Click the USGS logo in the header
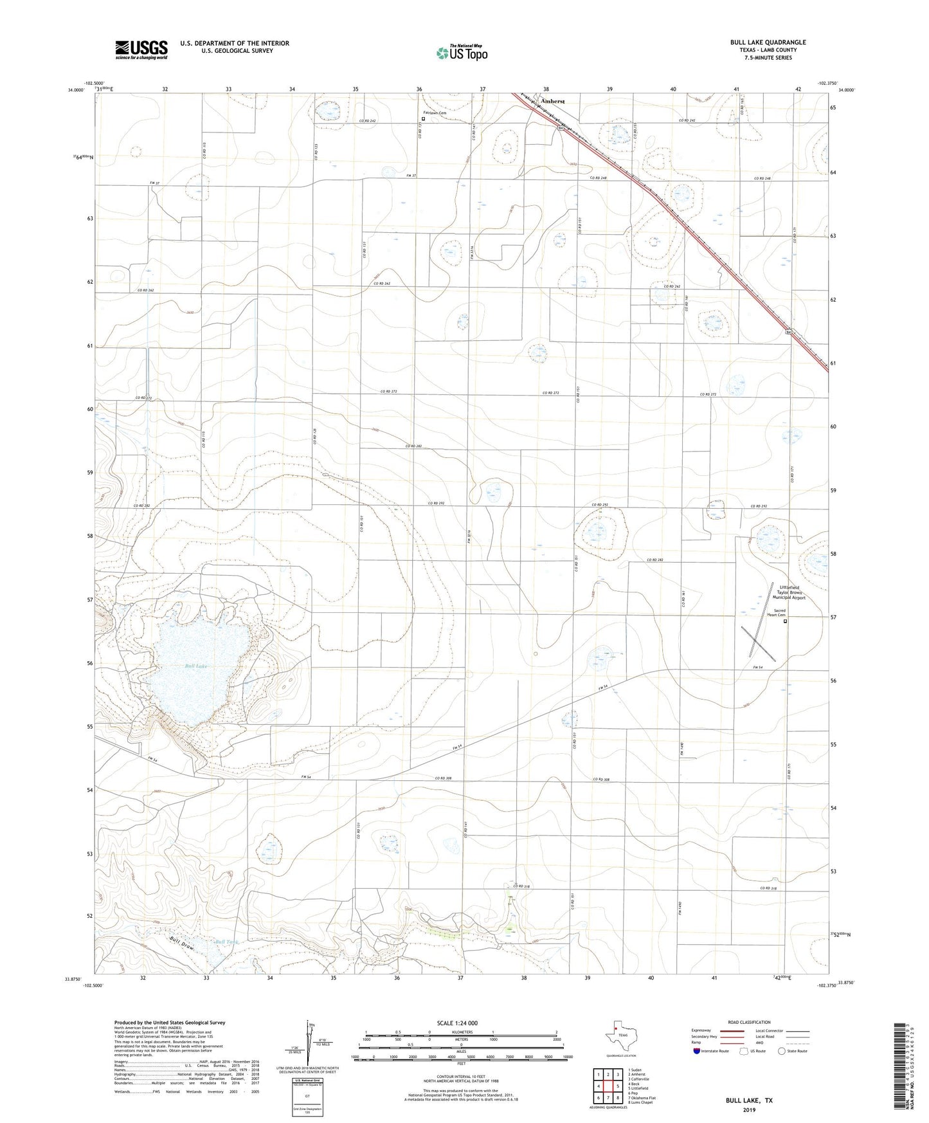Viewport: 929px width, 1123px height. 141,49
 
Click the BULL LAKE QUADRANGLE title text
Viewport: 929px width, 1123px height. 768,42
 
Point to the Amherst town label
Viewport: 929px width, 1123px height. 552,102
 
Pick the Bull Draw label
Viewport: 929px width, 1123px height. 182,945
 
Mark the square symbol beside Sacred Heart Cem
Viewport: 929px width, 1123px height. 785,621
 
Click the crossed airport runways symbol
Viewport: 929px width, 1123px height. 759,643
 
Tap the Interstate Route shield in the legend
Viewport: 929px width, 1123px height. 698,1069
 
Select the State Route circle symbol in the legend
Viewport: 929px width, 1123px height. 782,1069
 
